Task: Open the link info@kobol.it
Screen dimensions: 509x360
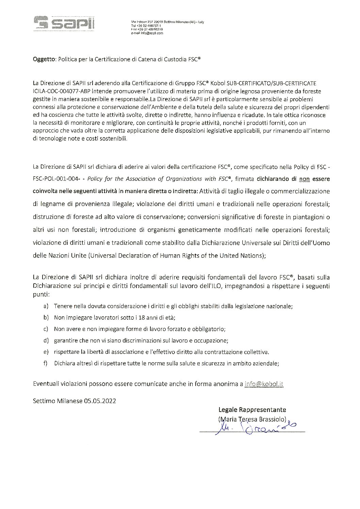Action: [264, 384]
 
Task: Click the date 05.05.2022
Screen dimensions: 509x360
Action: [99, 401]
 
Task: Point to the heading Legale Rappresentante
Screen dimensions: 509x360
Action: [252, 409]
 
